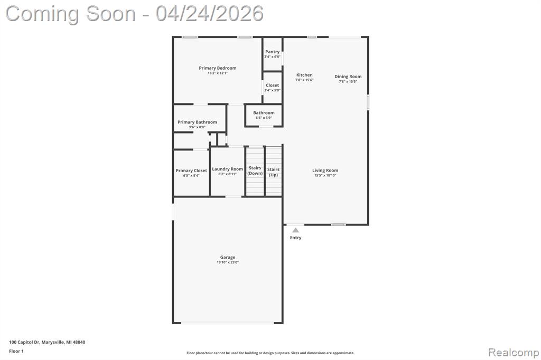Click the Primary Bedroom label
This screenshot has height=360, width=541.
pos(217,68)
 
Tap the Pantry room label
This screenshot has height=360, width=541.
pos(272,52)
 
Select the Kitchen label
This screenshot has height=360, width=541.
pos(304,75)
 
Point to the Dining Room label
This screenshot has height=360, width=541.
pos(348,77)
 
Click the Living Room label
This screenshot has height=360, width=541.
pos(325,170)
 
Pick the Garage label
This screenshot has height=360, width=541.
pos(228,257)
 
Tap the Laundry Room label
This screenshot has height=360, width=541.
pos(227,169)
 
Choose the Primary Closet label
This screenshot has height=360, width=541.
pos(191,170)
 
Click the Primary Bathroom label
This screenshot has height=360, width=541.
pos(197,122)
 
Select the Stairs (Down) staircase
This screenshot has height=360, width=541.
pos(255,172)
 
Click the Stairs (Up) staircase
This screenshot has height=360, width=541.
pos(274,172)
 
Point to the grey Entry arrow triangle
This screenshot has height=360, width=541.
pos(296,230)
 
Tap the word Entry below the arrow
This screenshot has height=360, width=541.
pos(296,238)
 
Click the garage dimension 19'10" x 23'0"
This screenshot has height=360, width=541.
pos(228,262)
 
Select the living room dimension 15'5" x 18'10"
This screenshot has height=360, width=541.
pos(325,176)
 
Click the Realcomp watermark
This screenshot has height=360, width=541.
pos(514,353)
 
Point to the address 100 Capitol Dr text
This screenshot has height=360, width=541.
pos(24,342)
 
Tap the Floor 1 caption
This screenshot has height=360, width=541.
pos(16,351)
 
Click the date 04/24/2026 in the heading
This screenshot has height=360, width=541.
pos(209,14)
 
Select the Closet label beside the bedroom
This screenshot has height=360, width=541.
pos(272,85)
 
